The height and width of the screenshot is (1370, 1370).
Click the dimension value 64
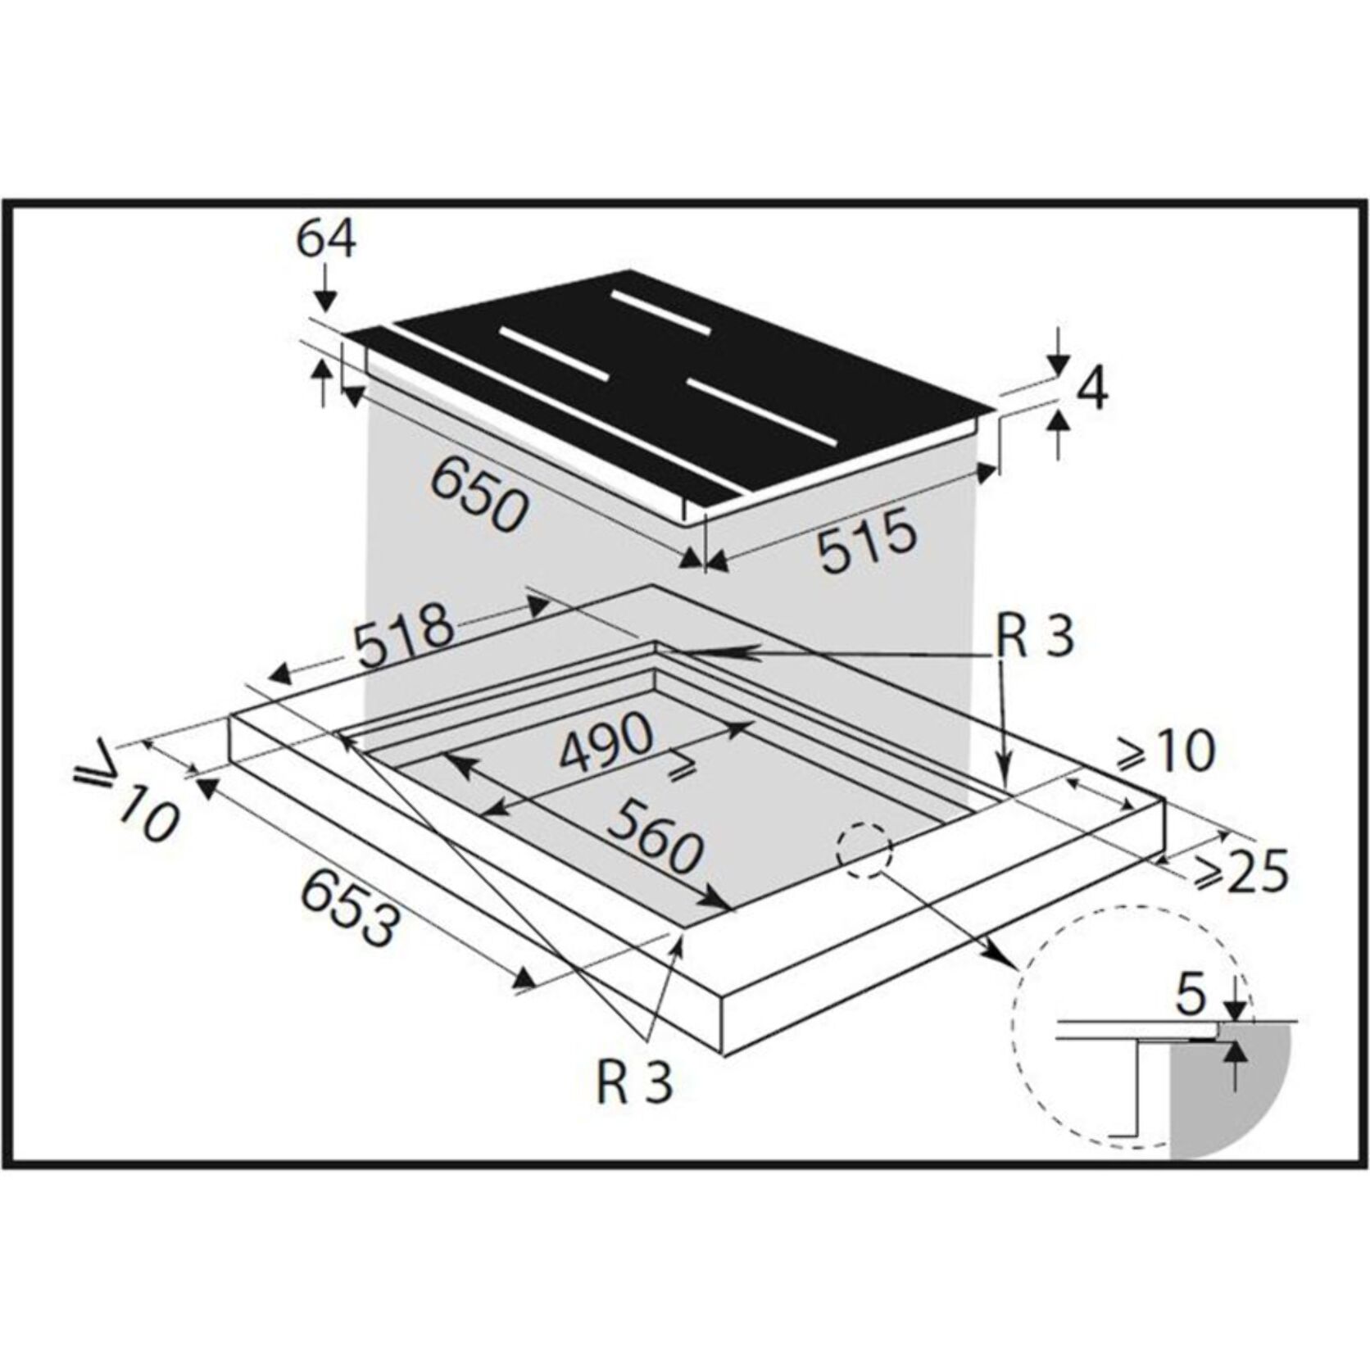(x=325, y=240)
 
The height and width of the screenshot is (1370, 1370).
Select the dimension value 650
(x=479, y=493)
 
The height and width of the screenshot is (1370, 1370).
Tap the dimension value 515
(x=868, y=540)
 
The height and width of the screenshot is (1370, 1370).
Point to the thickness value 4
(x=1094, y=388)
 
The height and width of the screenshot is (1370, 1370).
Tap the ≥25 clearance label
(x=1242, y=871)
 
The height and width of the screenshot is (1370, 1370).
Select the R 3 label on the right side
(x=1035, y=637)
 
